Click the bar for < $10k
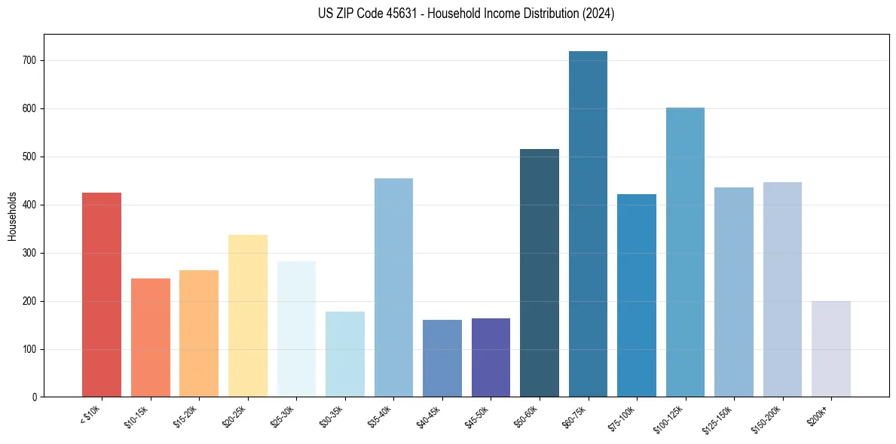pyautogui.click(x=102, y=294)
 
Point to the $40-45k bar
pyautogui.click(x=442, y=358)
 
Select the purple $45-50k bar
pyautogui.click(x=491, y=357)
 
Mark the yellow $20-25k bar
pyautogui.click(x=248, y=315)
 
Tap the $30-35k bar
pyautogui.click(x=345, y=354)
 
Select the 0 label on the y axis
pyautogui.click(x=35, y=397)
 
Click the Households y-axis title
pyautogui.click(x=12, y=215)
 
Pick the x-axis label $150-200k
pyautogui.click(x=767, y=418)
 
